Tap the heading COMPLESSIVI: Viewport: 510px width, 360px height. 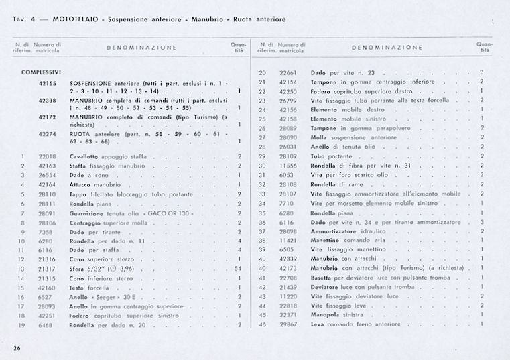pyautogui.click(x=42, y=72)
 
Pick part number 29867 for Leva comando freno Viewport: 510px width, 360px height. pyautogui.click(x=288, y=324)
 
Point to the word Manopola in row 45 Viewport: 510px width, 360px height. pyautogui.click(x=326, y=314)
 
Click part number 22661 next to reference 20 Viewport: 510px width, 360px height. pyautogui.click(x=288, y=72)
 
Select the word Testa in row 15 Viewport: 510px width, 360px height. pyautogui.click(x=76, y=287)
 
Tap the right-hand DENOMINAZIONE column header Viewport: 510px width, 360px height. pyautogui.click(x=387, y=48)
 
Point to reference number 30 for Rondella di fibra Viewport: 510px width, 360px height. pyautogui.click(x=263, y=165)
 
